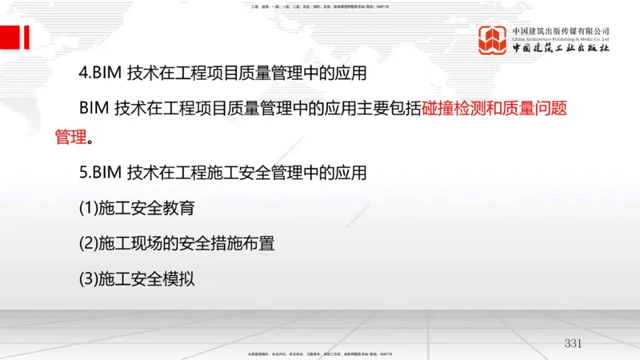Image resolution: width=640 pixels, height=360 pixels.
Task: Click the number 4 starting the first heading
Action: pyautogui.click(x=83, y=74)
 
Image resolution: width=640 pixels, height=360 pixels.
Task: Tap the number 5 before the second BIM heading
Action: pyautogui.click(x=83, y=172)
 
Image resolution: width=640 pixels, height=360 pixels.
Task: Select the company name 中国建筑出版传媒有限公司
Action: pyautogui.click(x=561, y=30)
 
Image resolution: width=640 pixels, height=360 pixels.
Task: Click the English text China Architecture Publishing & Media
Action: pyautogui.click(x=561, y=38)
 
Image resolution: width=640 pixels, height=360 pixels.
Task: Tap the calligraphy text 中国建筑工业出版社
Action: pyautogui.click(x=561, y=48)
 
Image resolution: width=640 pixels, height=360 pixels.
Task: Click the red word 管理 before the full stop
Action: pyautogui.click(x=70, y=137)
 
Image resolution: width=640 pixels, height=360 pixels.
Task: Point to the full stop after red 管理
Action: pyautogui.click(x=90, y=138)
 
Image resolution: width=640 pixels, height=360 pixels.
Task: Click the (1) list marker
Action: pyautogui.click(x=87, y=209)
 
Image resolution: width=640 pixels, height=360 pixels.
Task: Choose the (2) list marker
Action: pyautogui.click(x=87, y=243)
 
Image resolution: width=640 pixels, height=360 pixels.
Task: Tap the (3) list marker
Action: pyautogui.click(x=87, y=278)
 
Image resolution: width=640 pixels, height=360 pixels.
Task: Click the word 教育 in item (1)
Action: pyautogui.click(x=178, y=209)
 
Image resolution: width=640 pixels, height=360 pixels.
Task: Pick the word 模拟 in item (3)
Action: pyautogui.click(x=178, y=278)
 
